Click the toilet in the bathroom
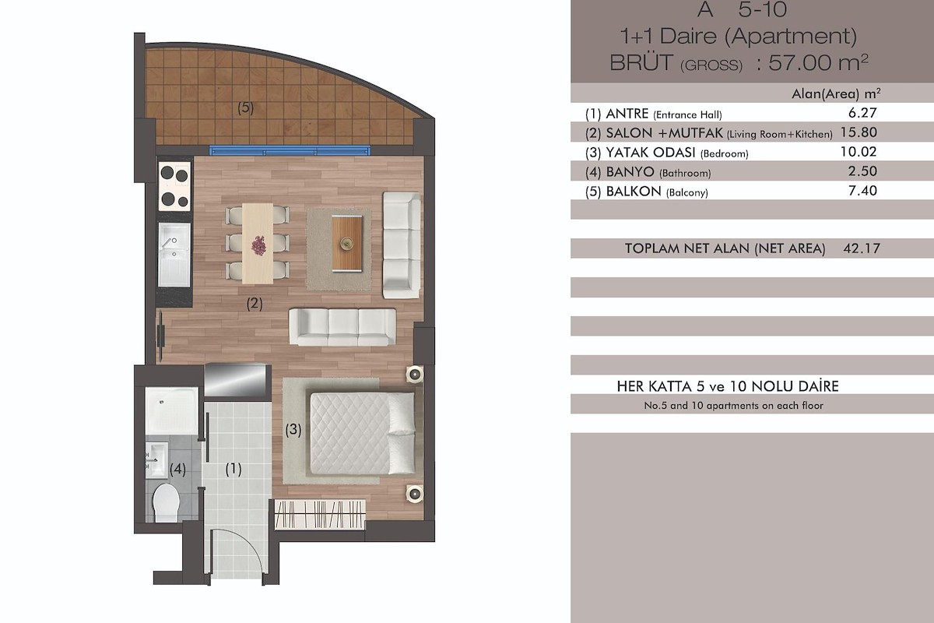(x=166, y=502)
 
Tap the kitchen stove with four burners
(x=174, y=186)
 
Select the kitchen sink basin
(x=174, y=255)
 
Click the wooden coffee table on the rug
(x=347, y=243)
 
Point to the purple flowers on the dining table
(x=258, y=245)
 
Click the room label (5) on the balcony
(x=246, y=107)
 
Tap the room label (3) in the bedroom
(x=293, y=429)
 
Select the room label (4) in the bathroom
(x=177, y=469)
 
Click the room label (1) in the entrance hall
(x=233, y=469)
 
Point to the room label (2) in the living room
(x=255, y=304)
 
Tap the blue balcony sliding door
(x=290, y=150)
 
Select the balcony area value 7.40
(x=862, y=191)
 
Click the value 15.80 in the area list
(x=859, y=132)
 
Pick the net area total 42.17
(x=862, y=248)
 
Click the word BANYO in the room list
(x=630, y=171)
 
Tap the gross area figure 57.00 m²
(x=818, y=63)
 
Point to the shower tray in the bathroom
(x=172, y=411)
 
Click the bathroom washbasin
(x=156, y=459)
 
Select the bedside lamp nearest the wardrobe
(x=415, y=494)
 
